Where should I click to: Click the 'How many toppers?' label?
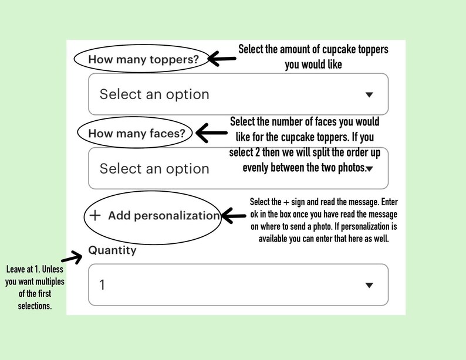click(143, 59)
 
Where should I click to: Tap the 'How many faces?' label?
click(137, 133)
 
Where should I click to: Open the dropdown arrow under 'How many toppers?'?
click(369, 94)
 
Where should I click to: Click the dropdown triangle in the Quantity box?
click(369, 285)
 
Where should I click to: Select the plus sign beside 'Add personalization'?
click(95, 215)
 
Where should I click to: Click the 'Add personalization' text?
click(164, 216)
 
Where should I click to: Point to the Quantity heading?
click(112, 250)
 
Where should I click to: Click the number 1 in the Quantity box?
click(102, 285)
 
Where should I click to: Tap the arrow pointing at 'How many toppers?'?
click(222, 59)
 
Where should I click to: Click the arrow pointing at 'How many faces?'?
click(212, 133)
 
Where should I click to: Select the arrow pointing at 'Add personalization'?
click(234, 216)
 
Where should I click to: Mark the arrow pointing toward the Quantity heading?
click(72, 257)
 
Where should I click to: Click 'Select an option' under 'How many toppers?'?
click(154, 94)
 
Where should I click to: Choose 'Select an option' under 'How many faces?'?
click(154, 169)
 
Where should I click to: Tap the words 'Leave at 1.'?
click(23, 269)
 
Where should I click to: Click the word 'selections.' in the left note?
click(35, 305)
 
